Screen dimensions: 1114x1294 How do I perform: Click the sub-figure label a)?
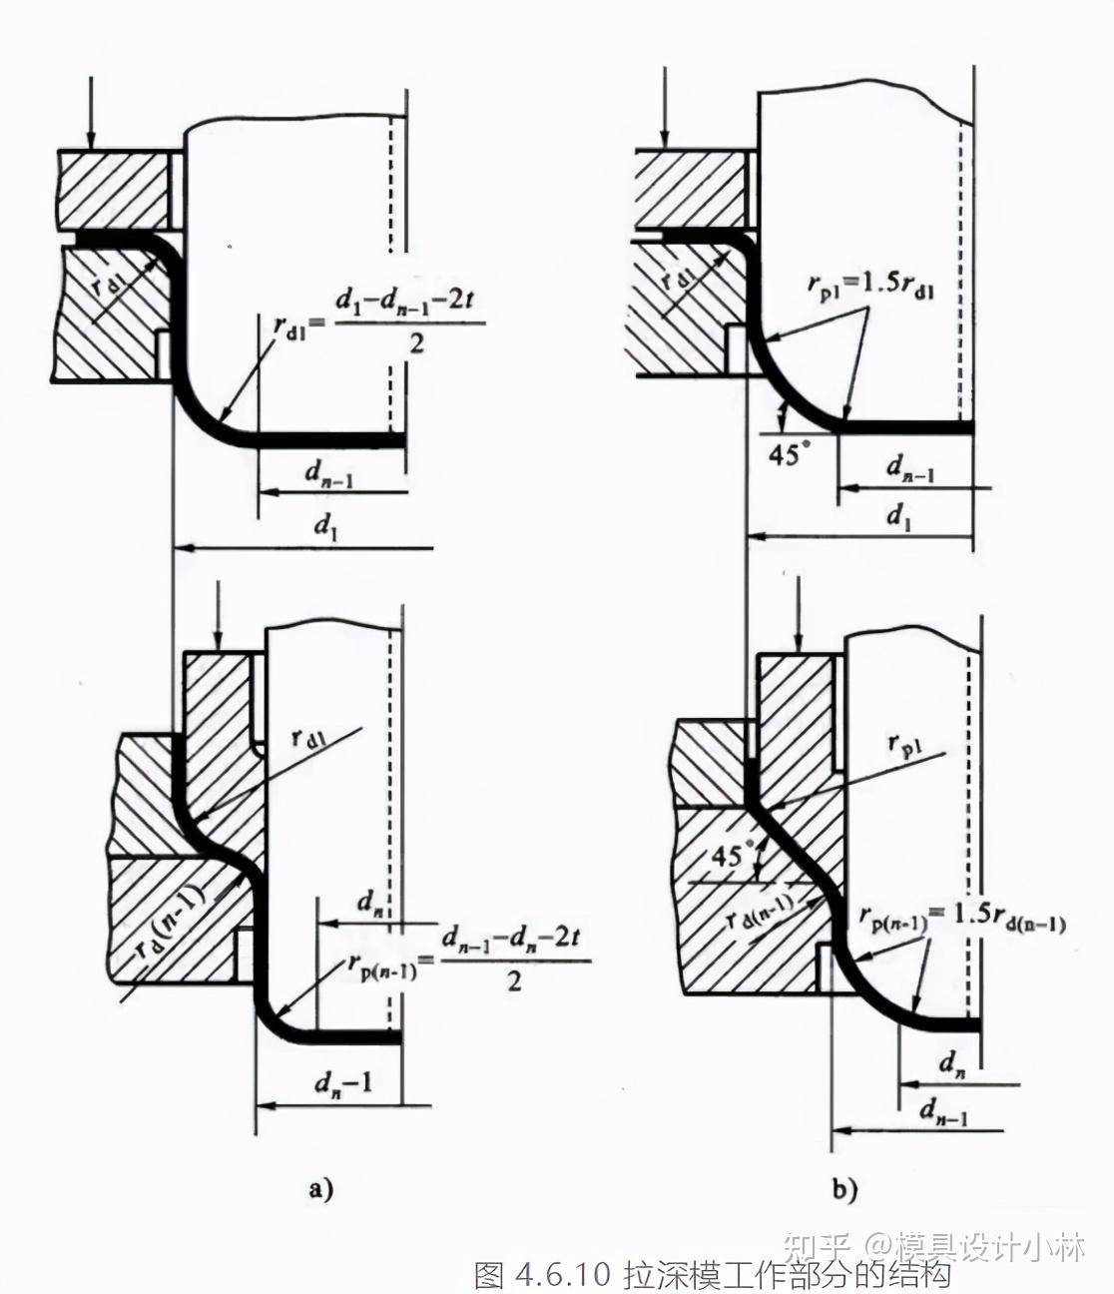point(319,1189)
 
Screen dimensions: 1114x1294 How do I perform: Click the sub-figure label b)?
point(844,1189)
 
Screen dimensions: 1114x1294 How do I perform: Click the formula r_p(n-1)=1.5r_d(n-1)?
point(962,917)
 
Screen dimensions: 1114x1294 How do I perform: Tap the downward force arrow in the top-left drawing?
point(90,110)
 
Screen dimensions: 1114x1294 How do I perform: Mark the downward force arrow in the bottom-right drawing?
point(796,614)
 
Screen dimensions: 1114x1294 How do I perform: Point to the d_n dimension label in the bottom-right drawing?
point(951,1064)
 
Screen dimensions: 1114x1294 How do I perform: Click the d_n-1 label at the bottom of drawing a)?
point(342,1082)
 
